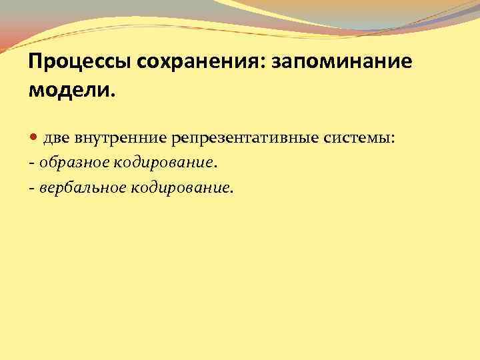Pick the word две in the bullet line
click(x=57, y=138)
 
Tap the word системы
click(x=358, y=138)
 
